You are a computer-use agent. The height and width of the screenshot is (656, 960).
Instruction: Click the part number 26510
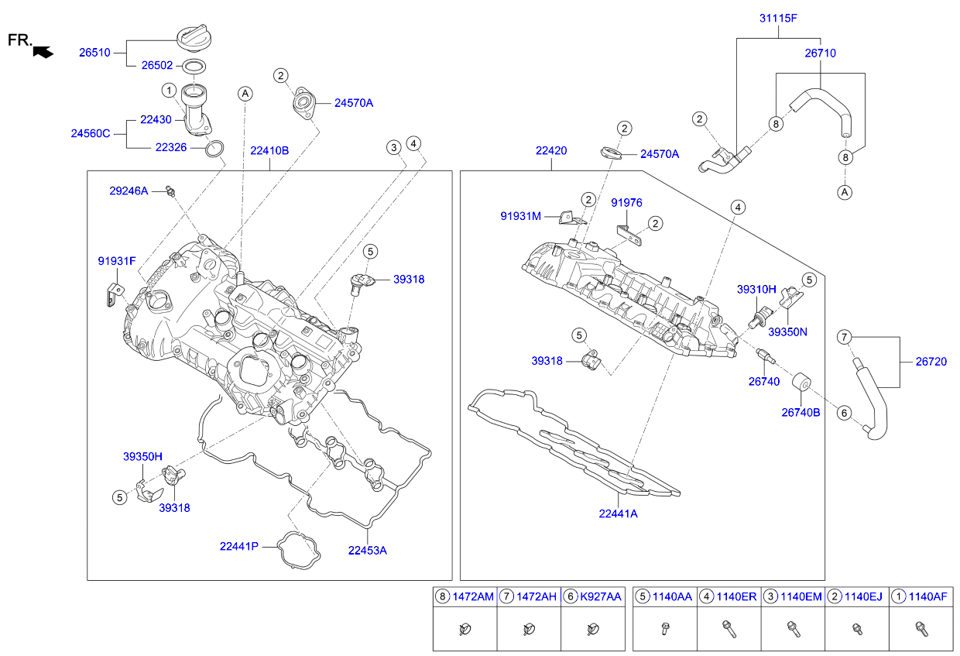click(x=94, y=53)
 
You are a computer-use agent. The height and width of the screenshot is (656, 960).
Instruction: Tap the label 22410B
click(x=269, y=150)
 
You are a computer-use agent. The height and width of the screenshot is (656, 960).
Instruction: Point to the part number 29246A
click(x=128, y=191)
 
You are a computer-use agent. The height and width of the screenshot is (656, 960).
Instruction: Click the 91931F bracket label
click(x=116, y=261)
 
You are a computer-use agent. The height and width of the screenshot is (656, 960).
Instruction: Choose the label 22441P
click(x=238, y=546)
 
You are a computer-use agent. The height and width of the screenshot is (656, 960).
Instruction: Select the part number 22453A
click(x=367, y=551)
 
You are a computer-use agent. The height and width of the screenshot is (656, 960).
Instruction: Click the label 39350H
click(x=142, y=457)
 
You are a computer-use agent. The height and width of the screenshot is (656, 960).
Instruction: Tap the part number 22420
click(x=550, y=151)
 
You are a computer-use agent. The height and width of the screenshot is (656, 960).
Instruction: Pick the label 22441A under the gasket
click(x=618, y=513)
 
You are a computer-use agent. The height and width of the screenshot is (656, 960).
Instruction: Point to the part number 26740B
click(x=801, y=413)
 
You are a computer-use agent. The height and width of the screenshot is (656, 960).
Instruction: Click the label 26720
click(x=931, y=362)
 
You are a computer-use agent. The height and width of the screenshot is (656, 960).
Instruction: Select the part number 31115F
click(x=777, y=18)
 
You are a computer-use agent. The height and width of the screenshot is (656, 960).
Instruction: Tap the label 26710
click(x=820, y=53)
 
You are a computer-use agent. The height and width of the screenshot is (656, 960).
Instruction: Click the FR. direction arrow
click(x=43, y=53)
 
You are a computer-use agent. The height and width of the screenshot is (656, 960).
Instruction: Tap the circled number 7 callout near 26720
click(x=845, y=337)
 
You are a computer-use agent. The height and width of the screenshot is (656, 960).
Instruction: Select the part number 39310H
click(x=756, y=290)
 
